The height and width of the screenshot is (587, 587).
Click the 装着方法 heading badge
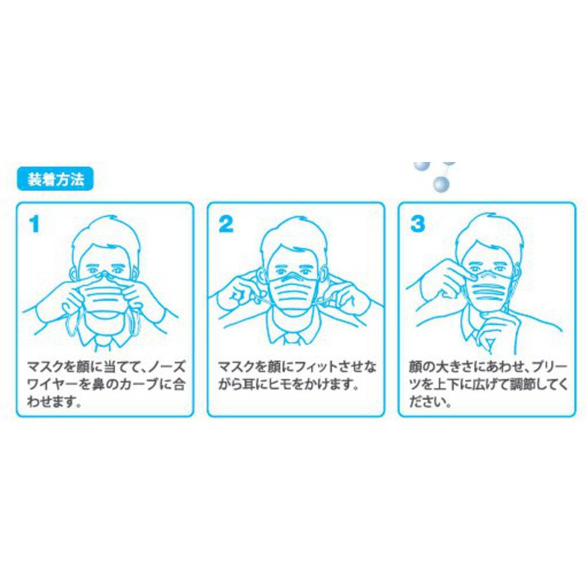(x=55, y=180)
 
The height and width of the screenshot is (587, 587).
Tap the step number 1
(x=35, y=224)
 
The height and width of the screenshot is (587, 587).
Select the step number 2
(x=225, y=224)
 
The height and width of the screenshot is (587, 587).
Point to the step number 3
(x=417, y=224)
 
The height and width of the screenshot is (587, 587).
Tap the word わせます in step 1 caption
(x=50, y=403)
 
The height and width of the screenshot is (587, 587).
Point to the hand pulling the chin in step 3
(x=498, y=329)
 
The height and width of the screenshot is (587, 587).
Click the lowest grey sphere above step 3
(x=440, y=184)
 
